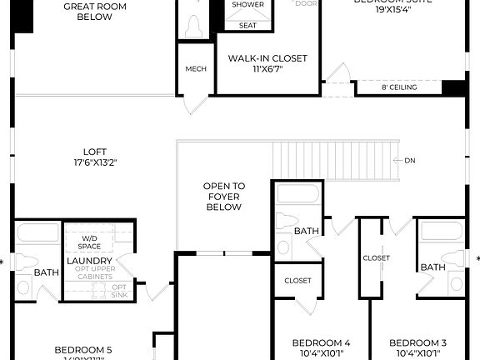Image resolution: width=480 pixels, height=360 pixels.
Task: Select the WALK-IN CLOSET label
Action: click(267, 58)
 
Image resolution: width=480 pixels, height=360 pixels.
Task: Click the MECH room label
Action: click(196, 69)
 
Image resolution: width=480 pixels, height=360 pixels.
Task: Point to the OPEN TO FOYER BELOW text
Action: click(225, 196)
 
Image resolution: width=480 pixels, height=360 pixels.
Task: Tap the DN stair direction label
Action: click(410, 160)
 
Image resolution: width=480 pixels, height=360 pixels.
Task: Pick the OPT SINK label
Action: click(119, 291)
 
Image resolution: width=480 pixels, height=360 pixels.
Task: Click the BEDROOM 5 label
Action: click(83, 349)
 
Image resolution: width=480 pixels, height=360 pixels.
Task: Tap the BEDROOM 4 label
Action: click(321, 342)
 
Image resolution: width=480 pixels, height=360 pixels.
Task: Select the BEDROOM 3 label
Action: click(417, 342)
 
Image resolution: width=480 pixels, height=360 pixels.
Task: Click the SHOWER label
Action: click(247, 5)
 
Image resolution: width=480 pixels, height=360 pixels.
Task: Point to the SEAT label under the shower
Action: click(247, 25)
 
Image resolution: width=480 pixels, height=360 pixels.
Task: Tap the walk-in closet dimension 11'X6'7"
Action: click(267, 70)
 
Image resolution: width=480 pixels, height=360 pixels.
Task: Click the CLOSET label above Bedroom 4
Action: click(297, 281)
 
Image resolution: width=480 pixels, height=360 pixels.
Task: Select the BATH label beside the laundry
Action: click(46, 272)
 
